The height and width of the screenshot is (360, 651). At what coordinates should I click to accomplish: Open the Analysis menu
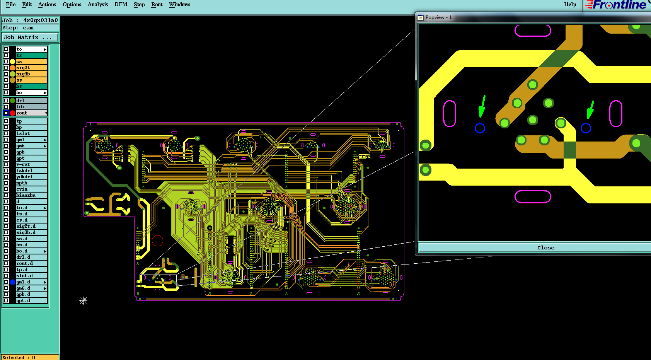[98, 4]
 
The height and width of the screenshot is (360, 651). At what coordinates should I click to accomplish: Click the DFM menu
[121, 4]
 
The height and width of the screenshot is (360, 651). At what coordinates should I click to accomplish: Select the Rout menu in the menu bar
[157, 4]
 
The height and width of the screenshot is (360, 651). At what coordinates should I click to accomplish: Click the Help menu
[570, 4]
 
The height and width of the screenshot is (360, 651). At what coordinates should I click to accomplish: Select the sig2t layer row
[31, 68]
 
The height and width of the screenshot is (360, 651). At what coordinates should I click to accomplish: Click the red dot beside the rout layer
[12, 113]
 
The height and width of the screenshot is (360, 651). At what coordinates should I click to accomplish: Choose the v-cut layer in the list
[31, 164]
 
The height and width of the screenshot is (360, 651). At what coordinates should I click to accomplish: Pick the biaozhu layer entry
[31, 195]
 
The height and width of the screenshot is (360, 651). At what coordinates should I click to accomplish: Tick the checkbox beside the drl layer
[6, 101]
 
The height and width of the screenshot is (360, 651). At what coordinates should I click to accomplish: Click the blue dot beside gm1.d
[12, 282]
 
